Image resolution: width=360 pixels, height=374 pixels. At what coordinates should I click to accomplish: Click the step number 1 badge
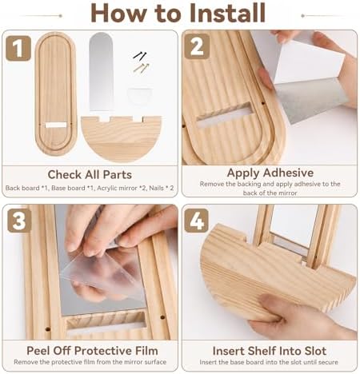point(18,48)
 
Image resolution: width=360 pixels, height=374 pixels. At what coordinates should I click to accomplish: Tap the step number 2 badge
point(197,46)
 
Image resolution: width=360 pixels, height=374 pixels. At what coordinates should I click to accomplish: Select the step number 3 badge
point(19,221)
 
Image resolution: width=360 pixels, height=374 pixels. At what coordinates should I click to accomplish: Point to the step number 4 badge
point(197,221)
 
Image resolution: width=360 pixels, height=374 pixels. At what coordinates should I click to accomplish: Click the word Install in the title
point(227,13)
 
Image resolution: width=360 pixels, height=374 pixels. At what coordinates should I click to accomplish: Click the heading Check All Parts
point(90,175)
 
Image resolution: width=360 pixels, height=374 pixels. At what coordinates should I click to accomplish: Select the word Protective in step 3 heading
point(104,351)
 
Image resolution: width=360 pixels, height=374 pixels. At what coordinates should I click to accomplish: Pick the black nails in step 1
point(140,55)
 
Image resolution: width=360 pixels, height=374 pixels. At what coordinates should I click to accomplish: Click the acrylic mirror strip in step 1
point(101,71)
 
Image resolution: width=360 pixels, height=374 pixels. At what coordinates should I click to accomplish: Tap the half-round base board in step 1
point(122,138)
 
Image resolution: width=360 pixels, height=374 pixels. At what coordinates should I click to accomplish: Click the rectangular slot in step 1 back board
point(56,125)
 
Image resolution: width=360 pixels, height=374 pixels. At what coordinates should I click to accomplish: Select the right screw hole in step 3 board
point(162,317)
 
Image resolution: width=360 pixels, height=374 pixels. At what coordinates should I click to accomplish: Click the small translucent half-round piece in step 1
point(139,95)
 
